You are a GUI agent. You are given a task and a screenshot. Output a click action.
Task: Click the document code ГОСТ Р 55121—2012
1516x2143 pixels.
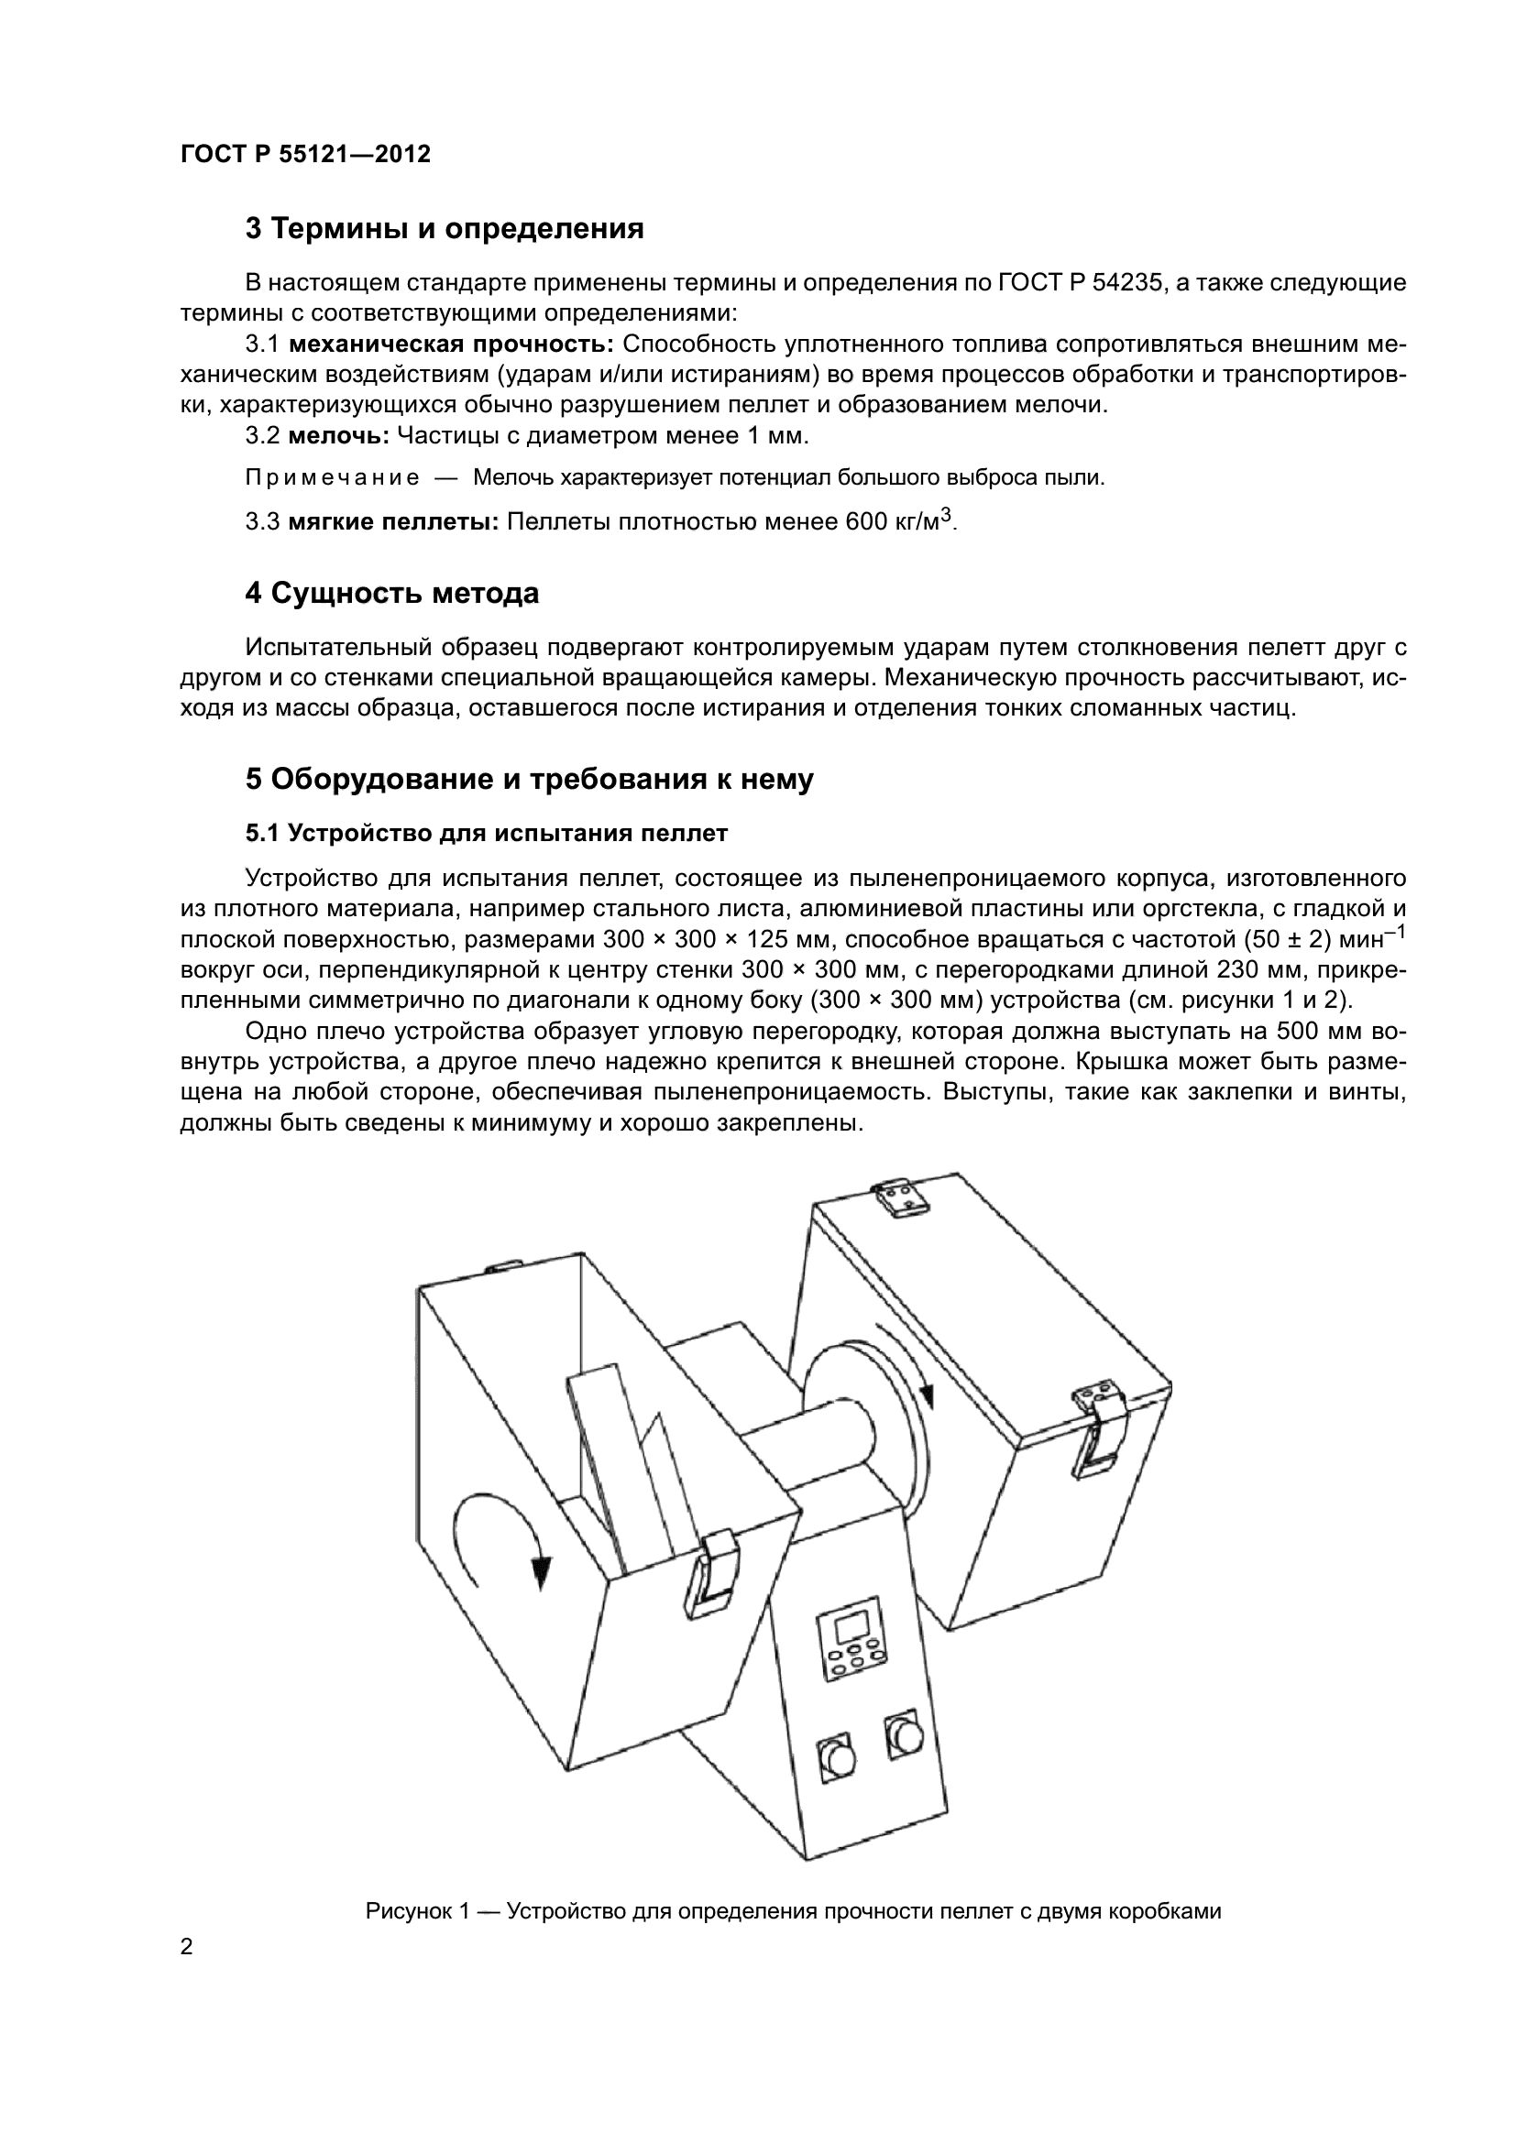pos(305,155)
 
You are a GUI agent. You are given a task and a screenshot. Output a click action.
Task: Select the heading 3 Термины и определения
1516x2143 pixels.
pos(445,229)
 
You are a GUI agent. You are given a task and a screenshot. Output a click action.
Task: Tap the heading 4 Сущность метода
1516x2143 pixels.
pos(392,594)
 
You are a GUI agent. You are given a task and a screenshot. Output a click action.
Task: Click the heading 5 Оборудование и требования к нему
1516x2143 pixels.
pos(529,780)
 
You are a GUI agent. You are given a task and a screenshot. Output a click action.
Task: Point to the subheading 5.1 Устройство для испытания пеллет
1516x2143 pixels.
pos(487,834)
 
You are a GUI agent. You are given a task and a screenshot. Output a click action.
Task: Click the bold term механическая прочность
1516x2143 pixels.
pos(450,344)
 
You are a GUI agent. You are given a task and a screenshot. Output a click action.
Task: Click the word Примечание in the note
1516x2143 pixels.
pos(332,479)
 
